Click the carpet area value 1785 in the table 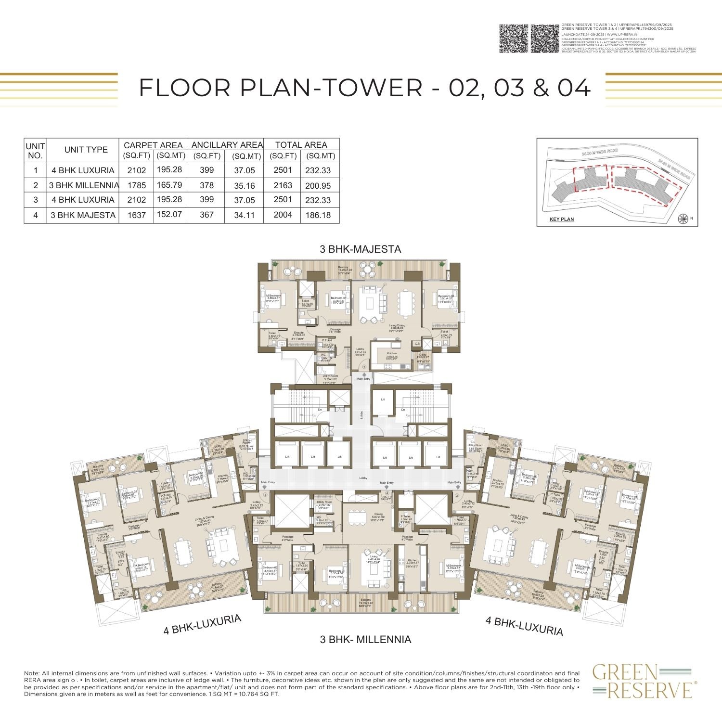click(137, 185)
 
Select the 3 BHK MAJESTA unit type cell click(83, 215)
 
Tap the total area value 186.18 click(318, 215)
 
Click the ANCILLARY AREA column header click(227, 144)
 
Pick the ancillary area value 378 click(207, 185)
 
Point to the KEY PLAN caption click(562, 219)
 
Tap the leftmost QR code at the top click(514, 38)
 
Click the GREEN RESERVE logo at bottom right click(642, 681)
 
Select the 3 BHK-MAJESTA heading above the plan click(361, 249)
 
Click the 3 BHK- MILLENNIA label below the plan click(366, 640)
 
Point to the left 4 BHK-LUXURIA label click(202, 625)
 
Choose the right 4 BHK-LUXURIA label click(524, 627)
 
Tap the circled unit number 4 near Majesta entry click(364, 367)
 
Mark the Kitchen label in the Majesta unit click(392, 354)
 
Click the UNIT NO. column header click(35, 151)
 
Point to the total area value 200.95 click(318, 186)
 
